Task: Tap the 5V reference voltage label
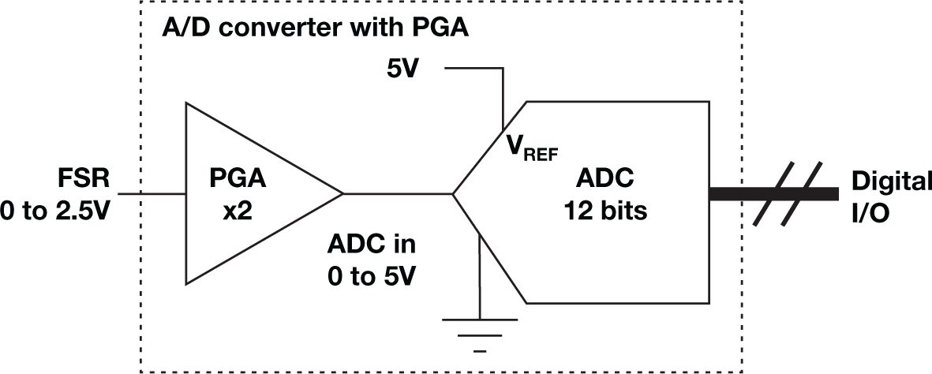coord(402,69)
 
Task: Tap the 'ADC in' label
coord(371,244)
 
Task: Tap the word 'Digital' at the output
coord(890,181)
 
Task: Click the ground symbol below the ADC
coord(479,327)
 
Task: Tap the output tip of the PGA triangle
coord(341,193)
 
